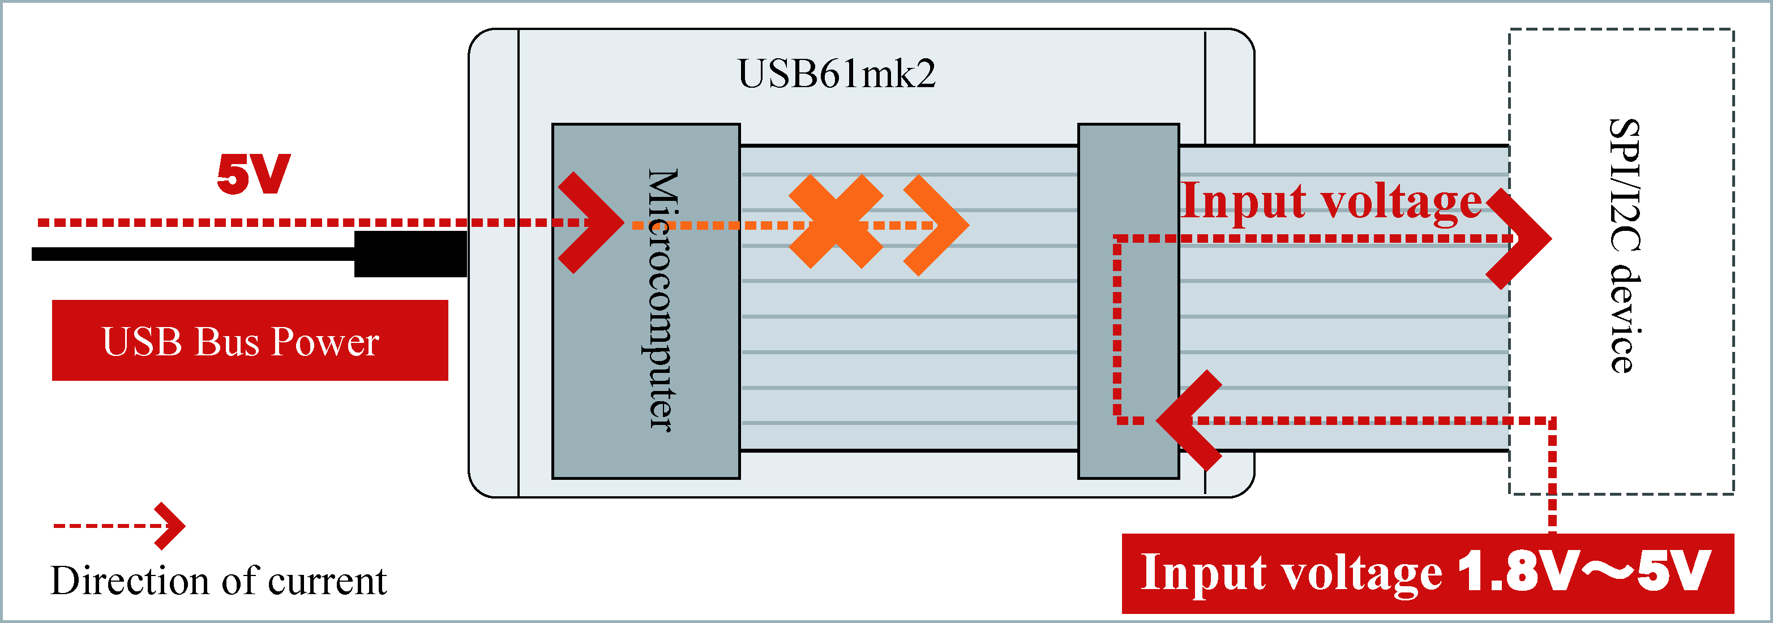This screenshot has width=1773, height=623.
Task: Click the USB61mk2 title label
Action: pyautogui.click(x=836, y=74)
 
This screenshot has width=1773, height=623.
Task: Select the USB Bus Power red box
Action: pyautogui.click(x=250, y=341)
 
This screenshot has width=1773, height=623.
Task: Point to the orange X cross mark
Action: pyautogui.click(x=836, y=221)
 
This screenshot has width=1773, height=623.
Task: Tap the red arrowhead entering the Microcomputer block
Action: pyautogui.click(x=590, y=222)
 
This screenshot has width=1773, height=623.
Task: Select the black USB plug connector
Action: pyautogui.click(x=410, y=254)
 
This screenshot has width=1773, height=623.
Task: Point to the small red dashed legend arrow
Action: pyautogui.click(x=120, y=526)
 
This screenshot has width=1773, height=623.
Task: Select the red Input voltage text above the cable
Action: pyautogui.click(x=1330, y=201)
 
